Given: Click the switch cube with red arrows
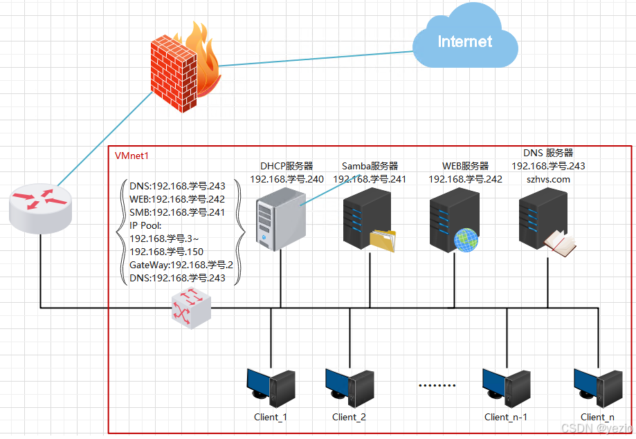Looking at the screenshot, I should pyautogui.click(x=190, y=308).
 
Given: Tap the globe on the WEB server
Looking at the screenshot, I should pyautogui.click(x=466, y=239).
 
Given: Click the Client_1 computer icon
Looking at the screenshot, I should pyautogui.click(x=271, y=388).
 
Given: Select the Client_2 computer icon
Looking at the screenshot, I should pyautogui.click(x=349, y=388).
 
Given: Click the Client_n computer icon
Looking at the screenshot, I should pyautogui.click(x=597, y=388).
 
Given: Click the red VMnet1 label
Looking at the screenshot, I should pyautogui.click(x=131, y=156).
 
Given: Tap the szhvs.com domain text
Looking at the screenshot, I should pyautogui.click(x=548, y=179).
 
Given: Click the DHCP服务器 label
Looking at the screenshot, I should pyautogui.click(x=287, y=166).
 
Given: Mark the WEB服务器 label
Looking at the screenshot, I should pyautogui.click(x=465, y=166).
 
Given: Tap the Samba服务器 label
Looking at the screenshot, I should pyautogui.click(x=370, y=166).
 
